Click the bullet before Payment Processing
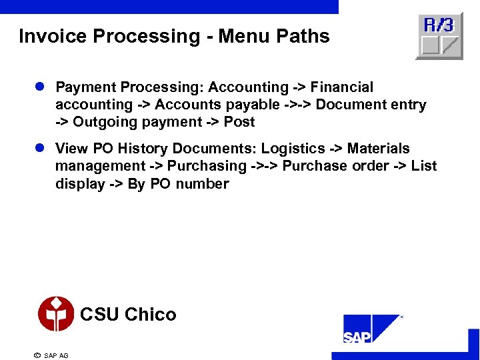point(41,87)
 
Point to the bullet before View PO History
point(41,149)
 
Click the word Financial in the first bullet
point(342,87)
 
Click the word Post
point(239,122)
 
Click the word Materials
point(379,149)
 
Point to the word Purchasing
point(207,166)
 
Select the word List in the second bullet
point(424,166)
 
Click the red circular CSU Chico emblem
point(56,314)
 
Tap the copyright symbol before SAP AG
point(37,355)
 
